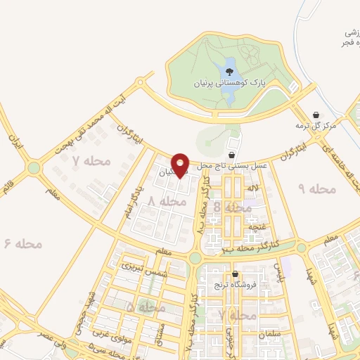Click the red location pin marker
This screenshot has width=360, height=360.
click(181, 165)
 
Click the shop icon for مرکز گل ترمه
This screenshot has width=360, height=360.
click(316, 115)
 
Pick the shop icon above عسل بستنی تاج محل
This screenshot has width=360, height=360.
click(232, 155)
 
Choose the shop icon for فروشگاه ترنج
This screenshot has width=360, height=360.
click(234, 274)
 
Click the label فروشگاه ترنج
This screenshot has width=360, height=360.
click(234, 285)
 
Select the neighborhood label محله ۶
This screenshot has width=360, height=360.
click(23, 244)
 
